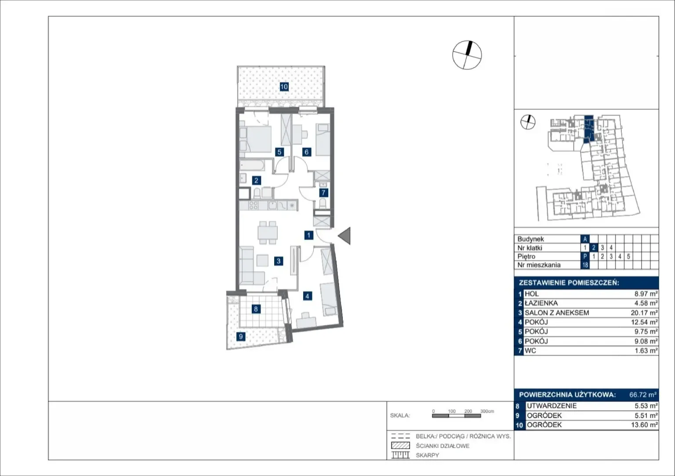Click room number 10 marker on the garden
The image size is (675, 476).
click(284, 87)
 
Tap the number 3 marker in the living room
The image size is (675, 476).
click(279, 261)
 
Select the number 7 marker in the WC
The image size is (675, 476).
click(323, 193)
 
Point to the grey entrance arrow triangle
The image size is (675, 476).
click(345, 236)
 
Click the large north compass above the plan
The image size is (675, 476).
click(467, 55)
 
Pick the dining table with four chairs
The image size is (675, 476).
click(268, 233)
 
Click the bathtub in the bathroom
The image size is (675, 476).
click(252, 165)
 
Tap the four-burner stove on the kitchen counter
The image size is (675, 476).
click(254, 206)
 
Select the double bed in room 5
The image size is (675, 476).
click(255, 139)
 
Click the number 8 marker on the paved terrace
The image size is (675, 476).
click(256, 309)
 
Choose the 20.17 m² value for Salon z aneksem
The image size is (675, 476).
click(644, 313)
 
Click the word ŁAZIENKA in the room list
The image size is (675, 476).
click(541, 303)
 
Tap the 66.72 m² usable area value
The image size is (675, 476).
click(643, 395)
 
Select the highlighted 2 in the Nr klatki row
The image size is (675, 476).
click(593, 248)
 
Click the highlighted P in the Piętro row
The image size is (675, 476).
click(585, 256)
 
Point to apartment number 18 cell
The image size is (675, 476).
click(585, 265)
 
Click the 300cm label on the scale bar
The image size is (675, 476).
click(487, 411)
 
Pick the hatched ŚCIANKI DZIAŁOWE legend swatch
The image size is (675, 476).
click(400, 445)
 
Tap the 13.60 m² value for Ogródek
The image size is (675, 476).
click(644, 425)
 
